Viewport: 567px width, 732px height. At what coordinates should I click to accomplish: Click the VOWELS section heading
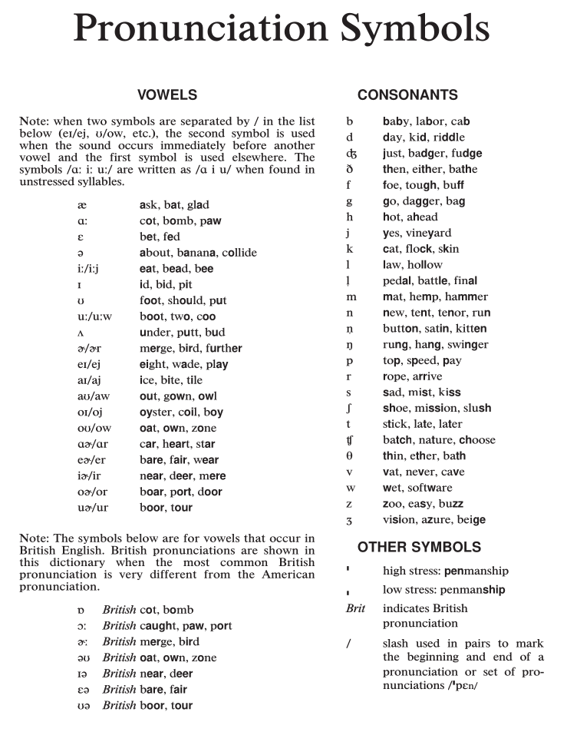[166, 95]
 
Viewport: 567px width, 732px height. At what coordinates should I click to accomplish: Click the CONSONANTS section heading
[407, 95]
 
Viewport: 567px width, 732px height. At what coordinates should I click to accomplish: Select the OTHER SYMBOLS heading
[419, 548]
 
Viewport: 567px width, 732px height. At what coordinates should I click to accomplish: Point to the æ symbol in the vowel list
[82, 205]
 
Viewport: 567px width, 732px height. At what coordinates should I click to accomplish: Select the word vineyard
[427, 233]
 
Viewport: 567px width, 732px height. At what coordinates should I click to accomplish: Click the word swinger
[467, 345]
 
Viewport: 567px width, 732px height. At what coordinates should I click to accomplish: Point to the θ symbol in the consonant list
[349, 456]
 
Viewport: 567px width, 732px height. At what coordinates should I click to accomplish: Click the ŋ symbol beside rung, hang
[349, 346]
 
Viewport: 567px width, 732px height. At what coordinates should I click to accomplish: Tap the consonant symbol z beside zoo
[349, 504]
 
